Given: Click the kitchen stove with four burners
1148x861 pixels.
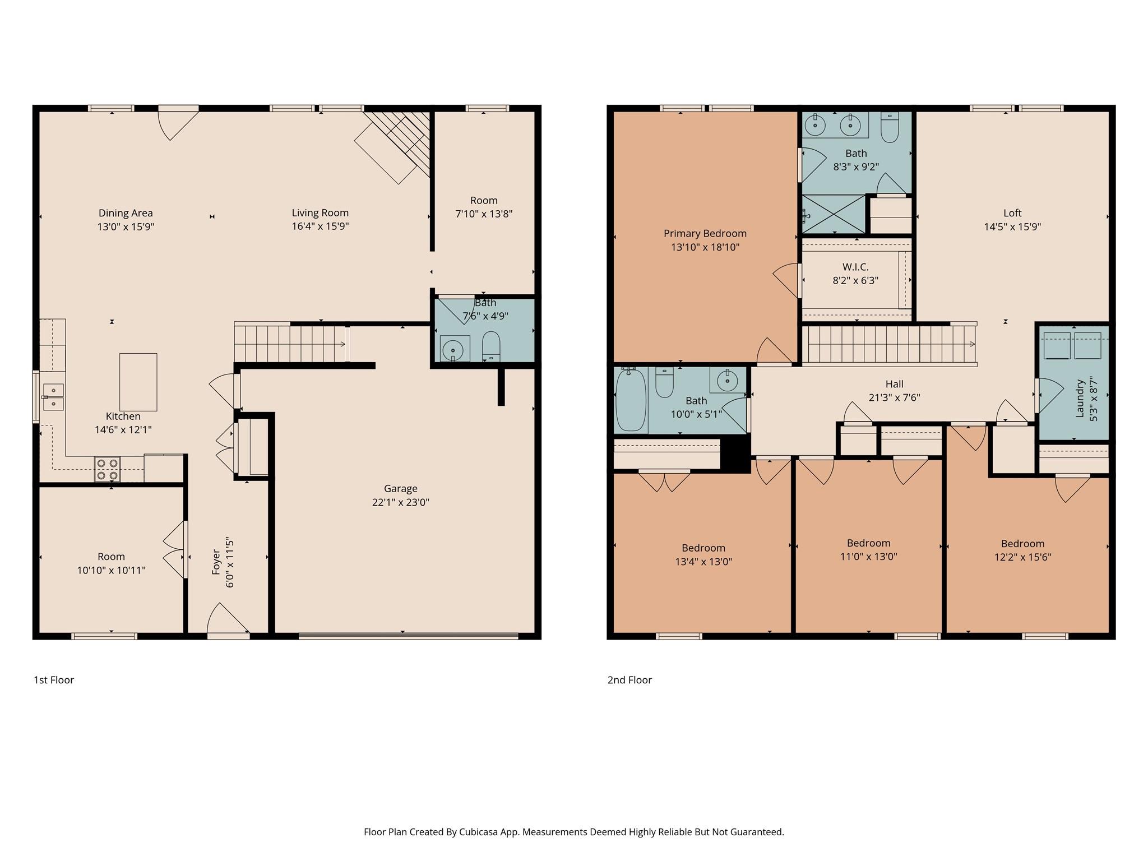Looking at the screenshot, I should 107,469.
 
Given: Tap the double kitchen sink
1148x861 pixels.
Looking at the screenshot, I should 54,396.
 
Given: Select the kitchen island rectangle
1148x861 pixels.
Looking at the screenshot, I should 138,382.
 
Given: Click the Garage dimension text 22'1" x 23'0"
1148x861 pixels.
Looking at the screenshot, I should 400,502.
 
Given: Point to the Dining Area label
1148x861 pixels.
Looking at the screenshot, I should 126,213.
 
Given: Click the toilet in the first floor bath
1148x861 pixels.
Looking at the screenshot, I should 491,346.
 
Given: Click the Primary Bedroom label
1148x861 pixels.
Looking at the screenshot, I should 705,233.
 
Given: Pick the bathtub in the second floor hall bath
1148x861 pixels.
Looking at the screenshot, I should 631,400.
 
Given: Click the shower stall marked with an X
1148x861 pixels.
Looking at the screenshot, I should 834,214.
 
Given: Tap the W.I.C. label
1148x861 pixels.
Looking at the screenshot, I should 855,267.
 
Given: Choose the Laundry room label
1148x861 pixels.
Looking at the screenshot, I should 1080,399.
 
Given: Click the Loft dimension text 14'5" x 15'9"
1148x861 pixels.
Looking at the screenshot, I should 1012,227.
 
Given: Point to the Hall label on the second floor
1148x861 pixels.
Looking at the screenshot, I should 894,384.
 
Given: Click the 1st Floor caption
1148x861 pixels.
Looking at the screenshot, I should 54,680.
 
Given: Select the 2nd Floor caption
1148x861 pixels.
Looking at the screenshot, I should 629,680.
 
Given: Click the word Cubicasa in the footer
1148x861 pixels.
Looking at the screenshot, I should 479,832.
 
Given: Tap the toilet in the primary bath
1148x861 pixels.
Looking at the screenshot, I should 890,128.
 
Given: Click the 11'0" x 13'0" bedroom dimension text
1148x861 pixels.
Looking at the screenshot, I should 868,557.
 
